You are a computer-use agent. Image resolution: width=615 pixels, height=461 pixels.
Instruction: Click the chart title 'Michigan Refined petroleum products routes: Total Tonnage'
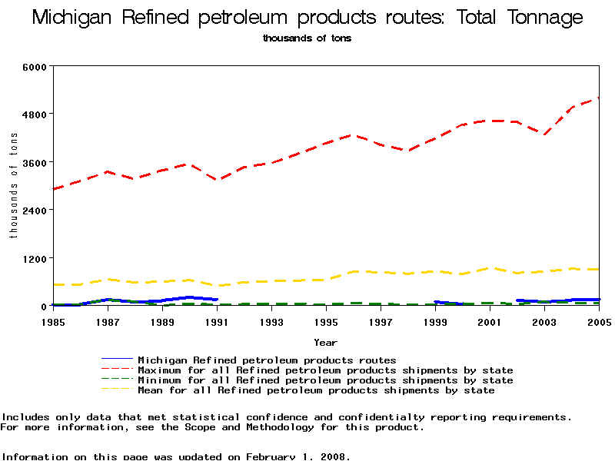coord(307,18)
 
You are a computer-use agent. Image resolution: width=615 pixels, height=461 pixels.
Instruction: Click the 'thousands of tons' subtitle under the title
coord(307,38)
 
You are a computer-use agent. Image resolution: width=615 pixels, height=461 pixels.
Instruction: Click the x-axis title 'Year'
coord(325,342)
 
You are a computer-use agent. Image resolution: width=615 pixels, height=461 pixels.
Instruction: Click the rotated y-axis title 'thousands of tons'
coord(14,184)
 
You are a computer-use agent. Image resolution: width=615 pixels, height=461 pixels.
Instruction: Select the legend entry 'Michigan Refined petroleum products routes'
coord(267,360)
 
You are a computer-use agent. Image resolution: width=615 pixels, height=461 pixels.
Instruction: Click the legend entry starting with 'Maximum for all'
coord(325,370)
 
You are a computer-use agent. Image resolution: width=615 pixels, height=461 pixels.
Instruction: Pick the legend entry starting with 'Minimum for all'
coord(325,380)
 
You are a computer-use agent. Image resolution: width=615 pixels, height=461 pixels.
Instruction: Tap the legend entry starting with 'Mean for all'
coord(316,390)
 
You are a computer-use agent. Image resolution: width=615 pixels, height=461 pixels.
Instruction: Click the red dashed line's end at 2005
coord(599,98)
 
